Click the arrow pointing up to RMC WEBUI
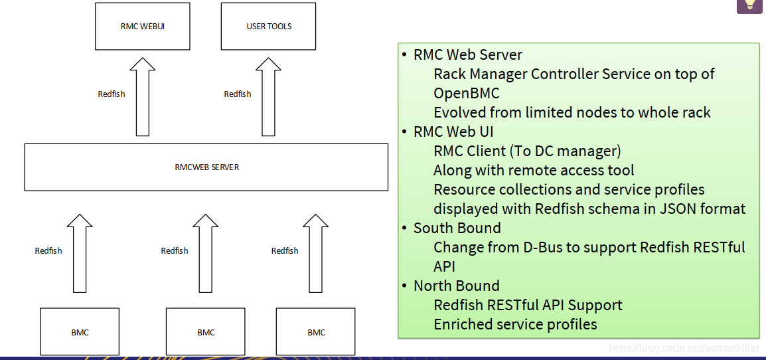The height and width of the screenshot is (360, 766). pos(143,96)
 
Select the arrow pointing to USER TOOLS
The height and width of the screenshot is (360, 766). pos(269,96)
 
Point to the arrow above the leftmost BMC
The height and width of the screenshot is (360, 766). pos(80,253)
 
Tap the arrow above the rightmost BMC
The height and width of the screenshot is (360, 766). pos(316,253)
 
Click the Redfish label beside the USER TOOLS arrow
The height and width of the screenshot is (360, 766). pos(238,94)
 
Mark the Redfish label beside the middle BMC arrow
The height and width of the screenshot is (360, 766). pos(175,250)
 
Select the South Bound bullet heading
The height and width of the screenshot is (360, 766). pos(457,228)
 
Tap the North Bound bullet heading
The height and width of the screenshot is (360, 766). pos(456,286)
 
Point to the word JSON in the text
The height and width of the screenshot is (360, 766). pos(675,209)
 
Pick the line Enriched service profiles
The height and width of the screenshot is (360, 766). pos(515,324)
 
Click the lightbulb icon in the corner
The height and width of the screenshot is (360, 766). pos(749,5)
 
